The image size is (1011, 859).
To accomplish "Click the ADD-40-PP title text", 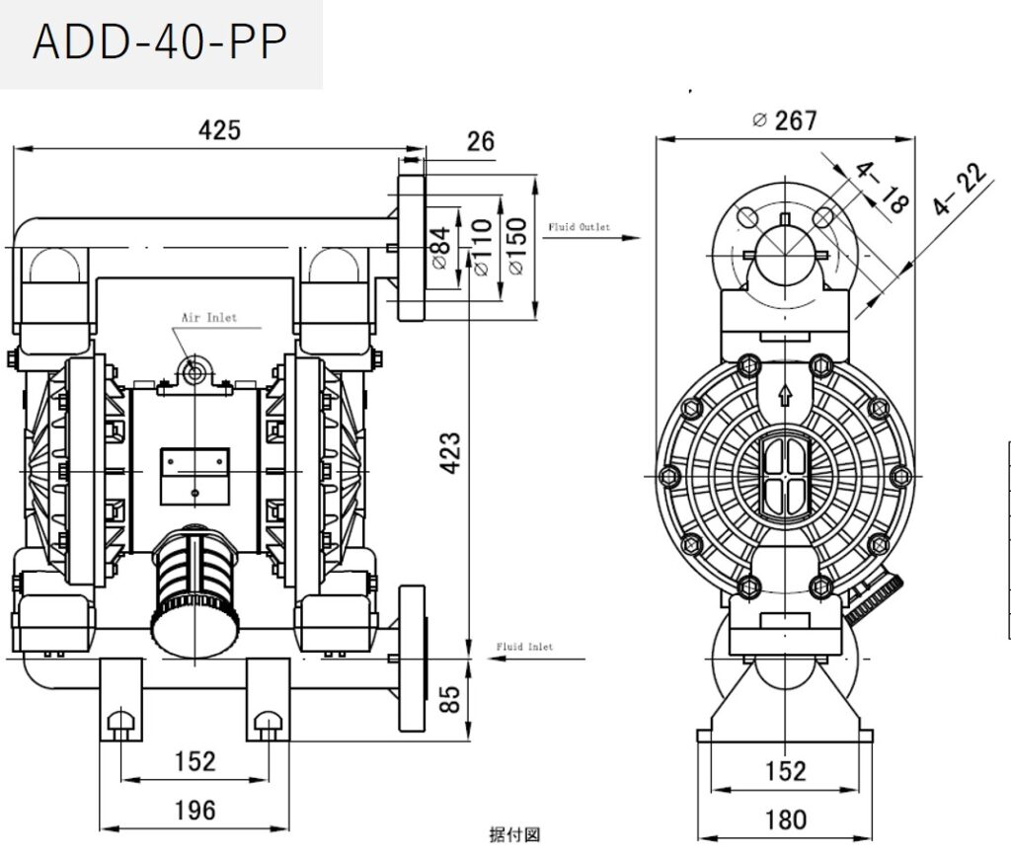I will [x=160, y=43].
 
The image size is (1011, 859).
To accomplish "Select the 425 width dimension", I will [x=219, y=130].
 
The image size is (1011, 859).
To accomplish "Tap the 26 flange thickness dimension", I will [x=480, y=141].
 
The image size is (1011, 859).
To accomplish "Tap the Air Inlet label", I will [x=208, y=318].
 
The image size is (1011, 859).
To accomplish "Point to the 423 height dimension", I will [x=449, y=451].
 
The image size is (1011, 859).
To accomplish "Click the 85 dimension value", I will [x=449, y=700].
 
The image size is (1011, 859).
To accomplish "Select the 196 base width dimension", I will [x=194, y=811].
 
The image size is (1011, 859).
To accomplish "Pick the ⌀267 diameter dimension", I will [x=785, y=120].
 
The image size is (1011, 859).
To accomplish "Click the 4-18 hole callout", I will [x=882, y=188].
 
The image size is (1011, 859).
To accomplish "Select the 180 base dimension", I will [x=786, y=820].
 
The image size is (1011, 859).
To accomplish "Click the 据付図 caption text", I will [x=514, y=835].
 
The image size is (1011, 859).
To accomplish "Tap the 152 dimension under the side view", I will [x=786, y=771].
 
